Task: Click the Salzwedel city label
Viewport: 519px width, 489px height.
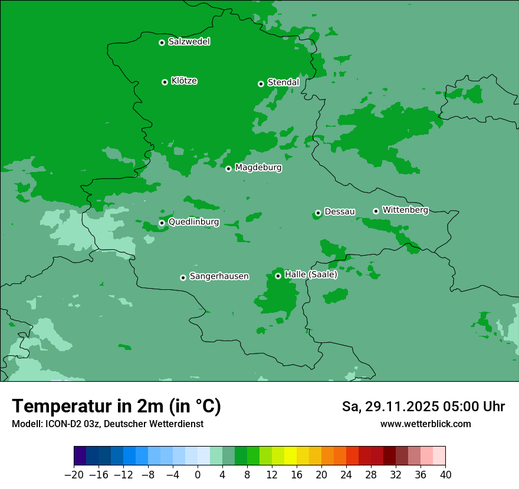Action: (189, 42)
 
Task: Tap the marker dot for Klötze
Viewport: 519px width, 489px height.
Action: (165, 82)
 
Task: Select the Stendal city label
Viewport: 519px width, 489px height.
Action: (283, 82)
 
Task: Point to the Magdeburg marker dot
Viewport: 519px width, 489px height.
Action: (228, 168)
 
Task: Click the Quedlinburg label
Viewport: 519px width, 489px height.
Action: (193, 222)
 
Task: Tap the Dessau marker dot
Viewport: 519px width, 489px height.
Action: (318, 213)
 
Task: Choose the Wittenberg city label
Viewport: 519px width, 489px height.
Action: (405, 210)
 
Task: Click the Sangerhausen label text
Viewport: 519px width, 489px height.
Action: (219, 276)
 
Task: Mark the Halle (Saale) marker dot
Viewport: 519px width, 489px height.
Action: (278, 276)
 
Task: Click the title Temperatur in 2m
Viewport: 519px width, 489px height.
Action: (116, 406)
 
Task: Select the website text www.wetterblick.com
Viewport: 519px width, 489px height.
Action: (425, 424)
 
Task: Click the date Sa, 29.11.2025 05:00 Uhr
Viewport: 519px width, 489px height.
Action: (423, 407)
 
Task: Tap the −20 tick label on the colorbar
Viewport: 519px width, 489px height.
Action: (74, 475)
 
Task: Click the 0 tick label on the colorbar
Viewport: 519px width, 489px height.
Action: (198, 475)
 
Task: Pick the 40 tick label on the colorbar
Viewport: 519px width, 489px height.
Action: (445, 475)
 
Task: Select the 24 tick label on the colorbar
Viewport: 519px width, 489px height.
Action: (346, 475)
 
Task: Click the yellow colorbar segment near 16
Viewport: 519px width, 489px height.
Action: (290, 456)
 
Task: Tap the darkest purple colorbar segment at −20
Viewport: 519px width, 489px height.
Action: (80, 456)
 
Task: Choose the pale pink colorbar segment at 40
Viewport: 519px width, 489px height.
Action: (439, 456)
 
